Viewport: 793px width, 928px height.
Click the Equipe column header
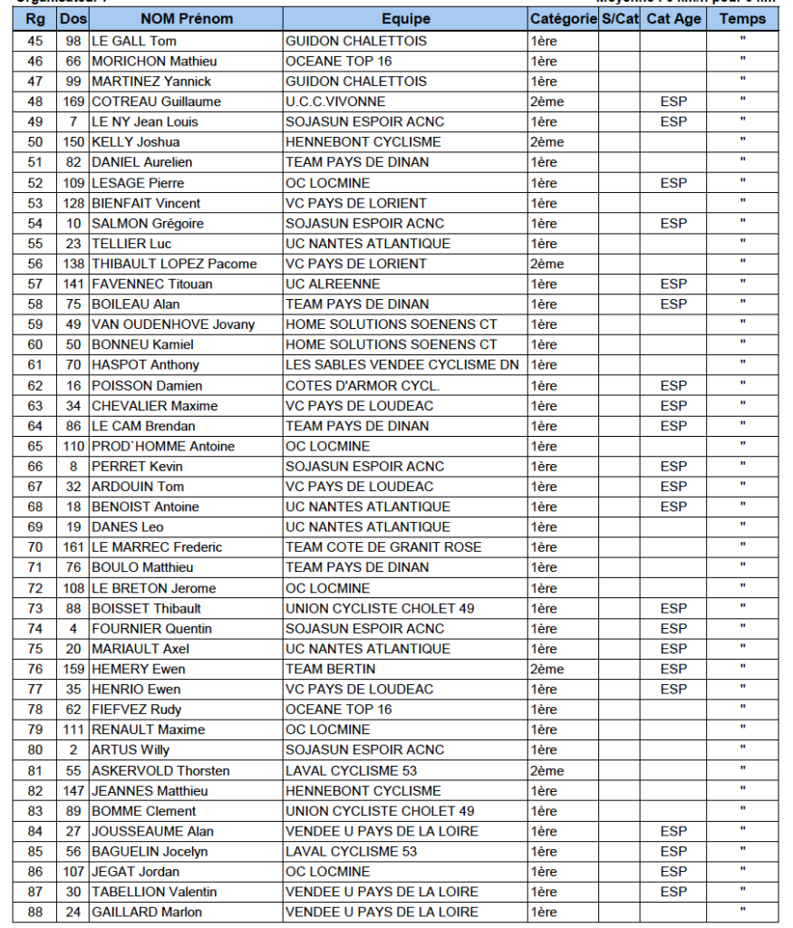pyautogui.click(x=405, y=19)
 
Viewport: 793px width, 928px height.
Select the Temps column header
pyautogui.click(x=742, y=19)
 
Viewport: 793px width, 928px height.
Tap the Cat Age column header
pyautogui.click(x=673, y=19)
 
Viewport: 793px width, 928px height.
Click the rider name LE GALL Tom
pyautogui.click(x=134, y=41)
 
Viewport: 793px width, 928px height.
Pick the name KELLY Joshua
pyautogui.click(x=136, y=142)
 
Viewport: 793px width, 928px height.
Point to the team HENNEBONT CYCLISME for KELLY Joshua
pyautogui.click(x=363, y=142)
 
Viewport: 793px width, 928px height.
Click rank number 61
pyautogui.click(x=35, y=365)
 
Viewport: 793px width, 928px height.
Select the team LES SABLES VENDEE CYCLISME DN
pyautogui.click(x=402, y=365)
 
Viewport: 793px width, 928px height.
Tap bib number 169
pyautogui.click(x=73, y=101)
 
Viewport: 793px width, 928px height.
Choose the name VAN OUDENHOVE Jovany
pyautogui.click(x=173, y=324)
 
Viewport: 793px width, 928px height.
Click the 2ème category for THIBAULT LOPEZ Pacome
pyautogui.click(x=546, y=264)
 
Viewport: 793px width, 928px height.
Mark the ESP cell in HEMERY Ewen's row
pyautogui.click(x=673, y=669)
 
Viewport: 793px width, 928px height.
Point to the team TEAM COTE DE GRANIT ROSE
pyautogui.click(x=383, y=547)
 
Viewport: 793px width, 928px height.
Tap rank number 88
pyautogui.click(x=35, y=912)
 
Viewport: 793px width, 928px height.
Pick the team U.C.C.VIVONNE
pyautogui.click(x=335, y=101)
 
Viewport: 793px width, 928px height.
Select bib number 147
pyautogui.click(x=73, y=791)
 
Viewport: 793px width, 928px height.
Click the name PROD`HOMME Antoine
pyautogui.click(x=163, y=446)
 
